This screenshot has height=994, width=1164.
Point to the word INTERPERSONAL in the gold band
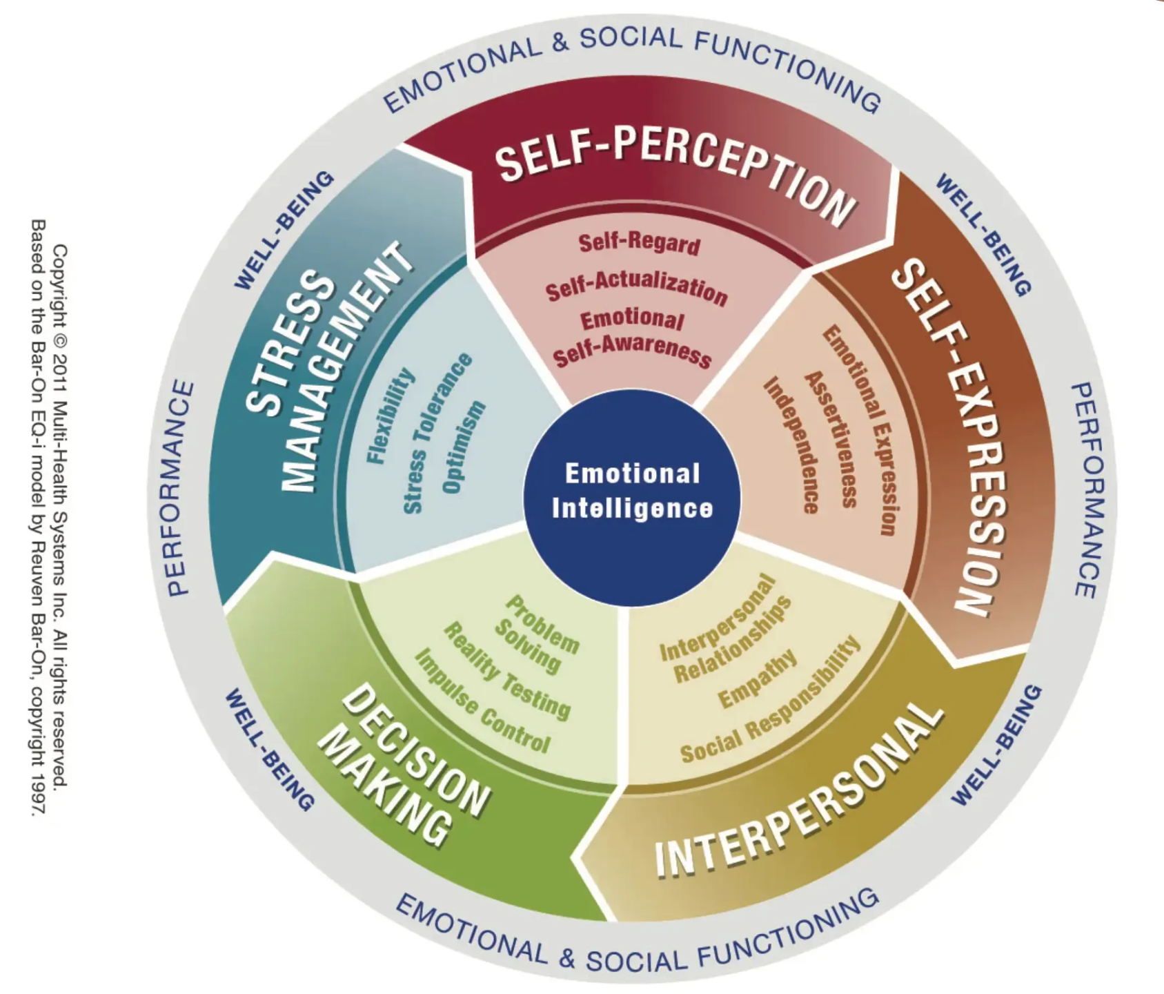click(x=800, y=792)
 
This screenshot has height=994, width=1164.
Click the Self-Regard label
click(x=640, y=244)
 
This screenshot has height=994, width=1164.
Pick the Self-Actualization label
click(x=637, y=289)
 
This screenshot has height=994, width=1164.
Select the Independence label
click(x=791, y=444)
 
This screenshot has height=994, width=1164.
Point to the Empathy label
click(x=758, y=679)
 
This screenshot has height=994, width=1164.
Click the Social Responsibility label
click(x=771, y=699)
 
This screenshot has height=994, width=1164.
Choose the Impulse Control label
click(x=482, y=701)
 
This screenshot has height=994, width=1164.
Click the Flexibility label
click(x=391, y=416)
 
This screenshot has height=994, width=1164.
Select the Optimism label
click(x=464, y=447)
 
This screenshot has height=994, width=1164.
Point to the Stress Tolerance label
click(x=437, y=433)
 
